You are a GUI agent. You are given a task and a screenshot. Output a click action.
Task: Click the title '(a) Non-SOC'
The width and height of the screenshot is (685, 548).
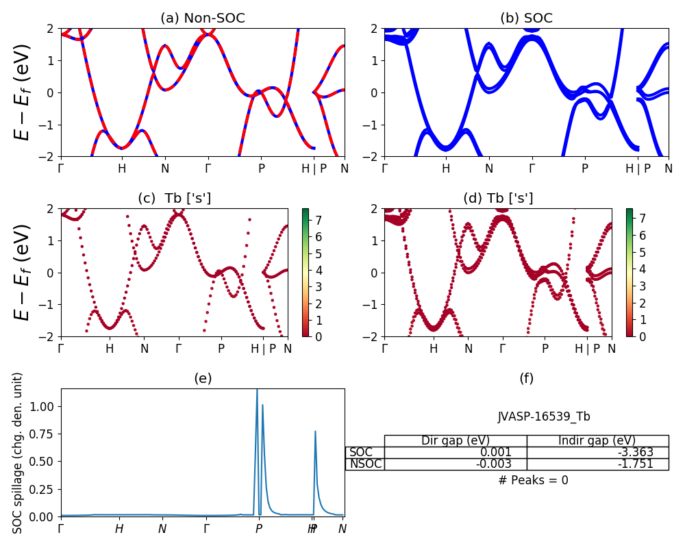202,18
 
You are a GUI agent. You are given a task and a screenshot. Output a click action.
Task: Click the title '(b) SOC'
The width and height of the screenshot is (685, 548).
526,18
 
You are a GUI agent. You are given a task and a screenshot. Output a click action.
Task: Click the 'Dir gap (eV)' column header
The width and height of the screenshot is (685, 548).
456,440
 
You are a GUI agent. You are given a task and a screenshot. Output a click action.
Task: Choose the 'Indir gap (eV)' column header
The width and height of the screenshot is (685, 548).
597,440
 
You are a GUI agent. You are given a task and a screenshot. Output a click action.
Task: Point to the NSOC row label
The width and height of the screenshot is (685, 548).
364,464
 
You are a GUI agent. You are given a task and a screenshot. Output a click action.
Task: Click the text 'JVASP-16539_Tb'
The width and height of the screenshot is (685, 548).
544,416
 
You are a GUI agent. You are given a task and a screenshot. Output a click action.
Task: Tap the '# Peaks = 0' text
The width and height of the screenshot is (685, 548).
533,480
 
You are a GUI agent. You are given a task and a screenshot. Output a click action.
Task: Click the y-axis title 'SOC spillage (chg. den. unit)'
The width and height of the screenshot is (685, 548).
18,452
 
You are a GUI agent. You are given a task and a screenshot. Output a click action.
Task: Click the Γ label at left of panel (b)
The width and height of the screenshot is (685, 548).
384,169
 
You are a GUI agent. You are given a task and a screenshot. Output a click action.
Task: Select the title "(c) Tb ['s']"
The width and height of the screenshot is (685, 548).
174,199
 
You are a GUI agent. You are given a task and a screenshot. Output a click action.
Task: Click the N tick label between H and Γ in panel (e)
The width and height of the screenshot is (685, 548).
162,529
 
